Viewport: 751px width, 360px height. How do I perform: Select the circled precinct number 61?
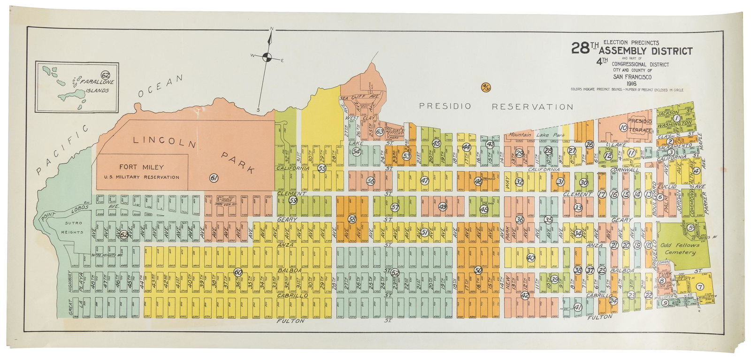pos(214,178)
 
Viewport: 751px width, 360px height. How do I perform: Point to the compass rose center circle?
pos(267,57)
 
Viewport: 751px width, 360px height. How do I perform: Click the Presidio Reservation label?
pos(496,107)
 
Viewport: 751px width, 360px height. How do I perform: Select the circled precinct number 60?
pos(238,272)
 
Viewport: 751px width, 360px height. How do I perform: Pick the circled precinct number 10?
pos(623,127)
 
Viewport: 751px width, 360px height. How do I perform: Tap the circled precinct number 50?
pos(478,270)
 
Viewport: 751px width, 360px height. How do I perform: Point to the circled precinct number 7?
pos(700,287)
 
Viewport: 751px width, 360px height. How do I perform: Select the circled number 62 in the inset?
pos(105,75)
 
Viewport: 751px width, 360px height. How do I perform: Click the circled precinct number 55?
pos(322,168)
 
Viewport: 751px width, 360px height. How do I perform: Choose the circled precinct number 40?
pos(531,258)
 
